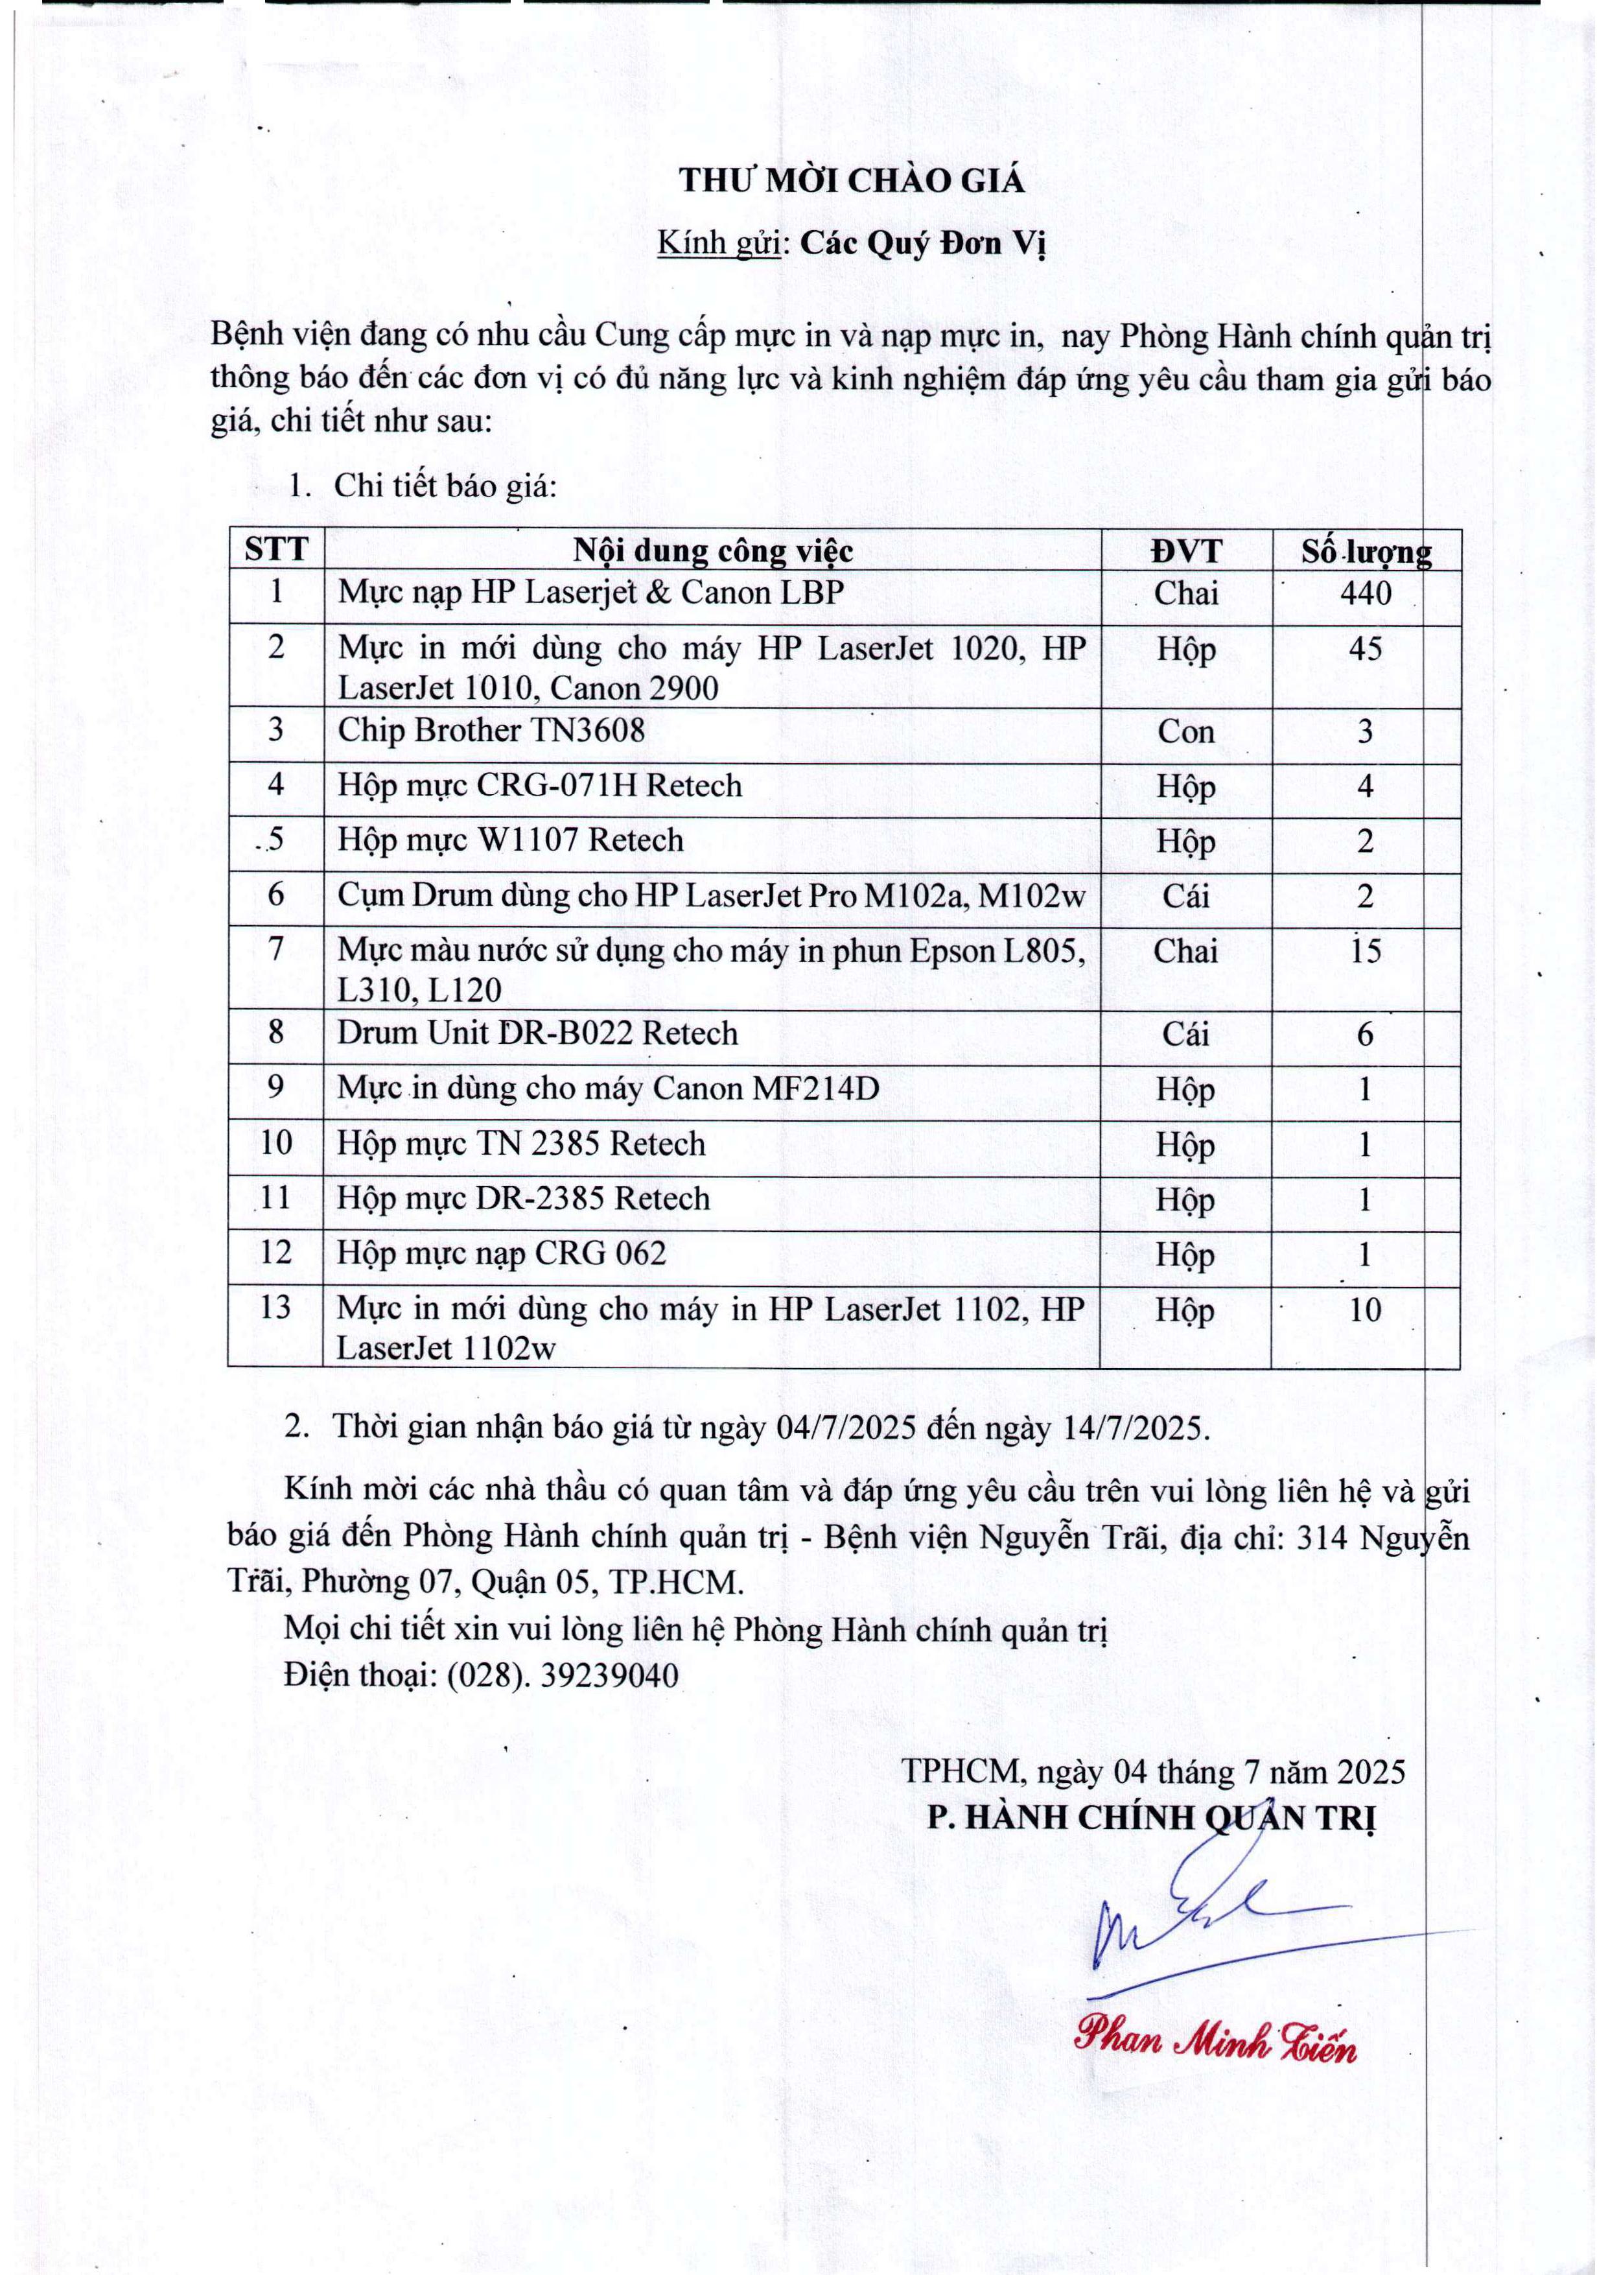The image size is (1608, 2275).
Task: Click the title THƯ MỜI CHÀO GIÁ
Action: pos(851,182)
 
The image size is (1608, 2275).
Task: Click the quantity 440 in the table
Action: pos(1364,593)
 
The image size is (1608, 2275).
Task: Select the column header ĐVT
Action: pos(1186,551)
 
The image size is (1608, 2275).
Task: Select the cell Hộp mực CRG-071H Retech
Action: pos(540,786)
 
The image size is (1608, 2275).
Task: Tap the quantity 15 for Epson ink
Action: pos(1364,951)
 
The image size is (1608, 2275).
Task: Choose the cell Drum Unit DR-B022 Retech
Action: pos(537,1033)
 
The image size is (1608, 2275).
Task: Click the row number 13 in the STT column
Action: pos(275,1307)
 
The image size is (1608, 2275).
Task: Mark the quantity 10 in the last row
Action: pos(1364,1310)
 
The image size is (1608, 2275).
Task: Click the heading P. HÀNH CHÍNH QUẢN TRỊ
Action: pos(1151,1818)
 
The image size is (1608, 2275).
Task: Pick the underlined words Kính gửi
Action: pos(719,244)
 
